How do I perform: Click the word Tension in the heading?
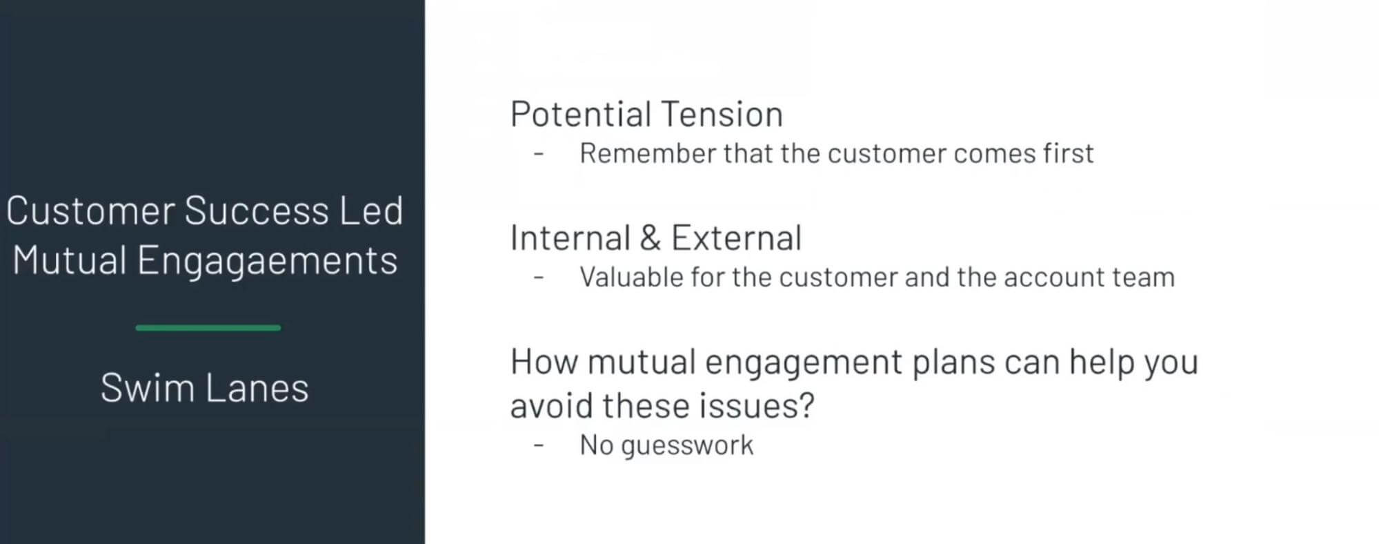click(722, 115)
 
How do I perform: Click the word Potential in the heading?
click(581, 115)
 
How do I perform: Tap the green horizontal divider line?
click(208, 328)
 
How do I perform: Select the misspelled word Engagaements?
click(267, 262)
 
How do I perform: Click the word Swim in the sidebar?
click(147, 388)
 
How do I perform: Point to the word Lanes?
click(257, 388)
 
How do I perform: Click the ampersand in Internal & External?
click(650, 238)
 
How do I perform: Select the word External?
click(736, 238)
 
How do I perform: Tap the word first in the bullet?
click(1068, 154)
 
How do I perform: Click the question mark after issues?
click(806, 405)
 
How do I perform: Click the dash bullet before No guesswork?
click(539, 445)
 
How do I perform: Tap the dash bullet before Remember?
click(539, 153)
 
